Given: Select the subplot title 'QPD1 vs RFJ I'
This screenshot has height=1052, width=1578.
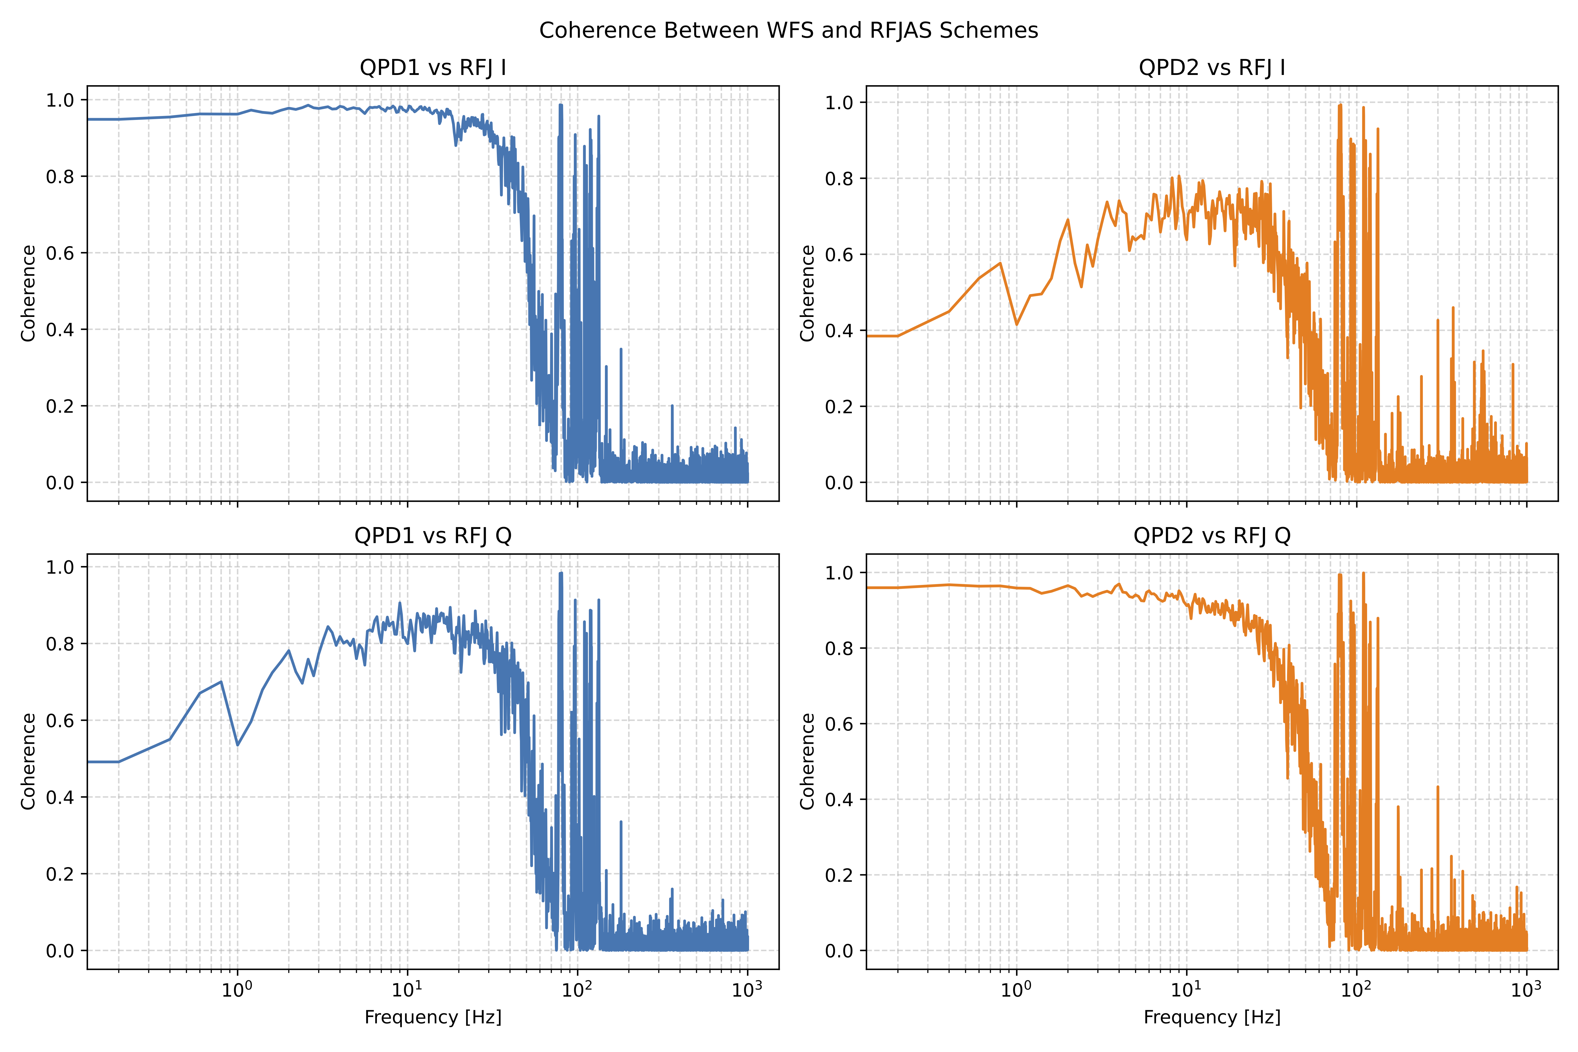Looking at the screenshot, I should coord(433,68).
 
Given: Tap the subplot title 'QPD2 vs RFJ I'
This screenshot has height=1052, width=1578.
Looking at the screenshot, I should coord(1212,68).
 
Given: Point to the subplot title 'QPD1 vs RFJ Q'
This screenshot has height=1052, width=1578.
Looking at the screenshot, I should coord(433,535).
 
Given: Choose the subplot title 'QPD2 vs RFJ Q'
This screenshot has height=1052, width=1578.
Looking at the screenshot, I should coord(1212,535).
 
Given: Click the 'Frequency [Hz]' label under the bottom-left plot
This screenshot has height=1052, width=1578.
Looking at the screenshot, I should coord(433,1017).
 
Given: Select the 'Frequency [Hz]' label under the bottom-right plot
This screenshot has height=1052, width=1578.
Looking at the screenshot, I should coord(1212,1017).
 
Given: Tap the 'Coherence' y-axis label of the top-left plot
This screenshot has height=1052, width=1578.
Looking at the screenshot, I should coord(28,293).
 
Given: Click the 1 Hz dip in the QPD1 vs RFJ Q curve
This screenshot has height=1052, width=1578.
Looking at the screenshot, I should coord(237,745).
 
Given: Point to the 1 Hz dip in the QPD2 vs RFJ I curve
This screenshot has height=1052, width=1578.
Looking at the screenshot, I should coord(1016,325).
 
